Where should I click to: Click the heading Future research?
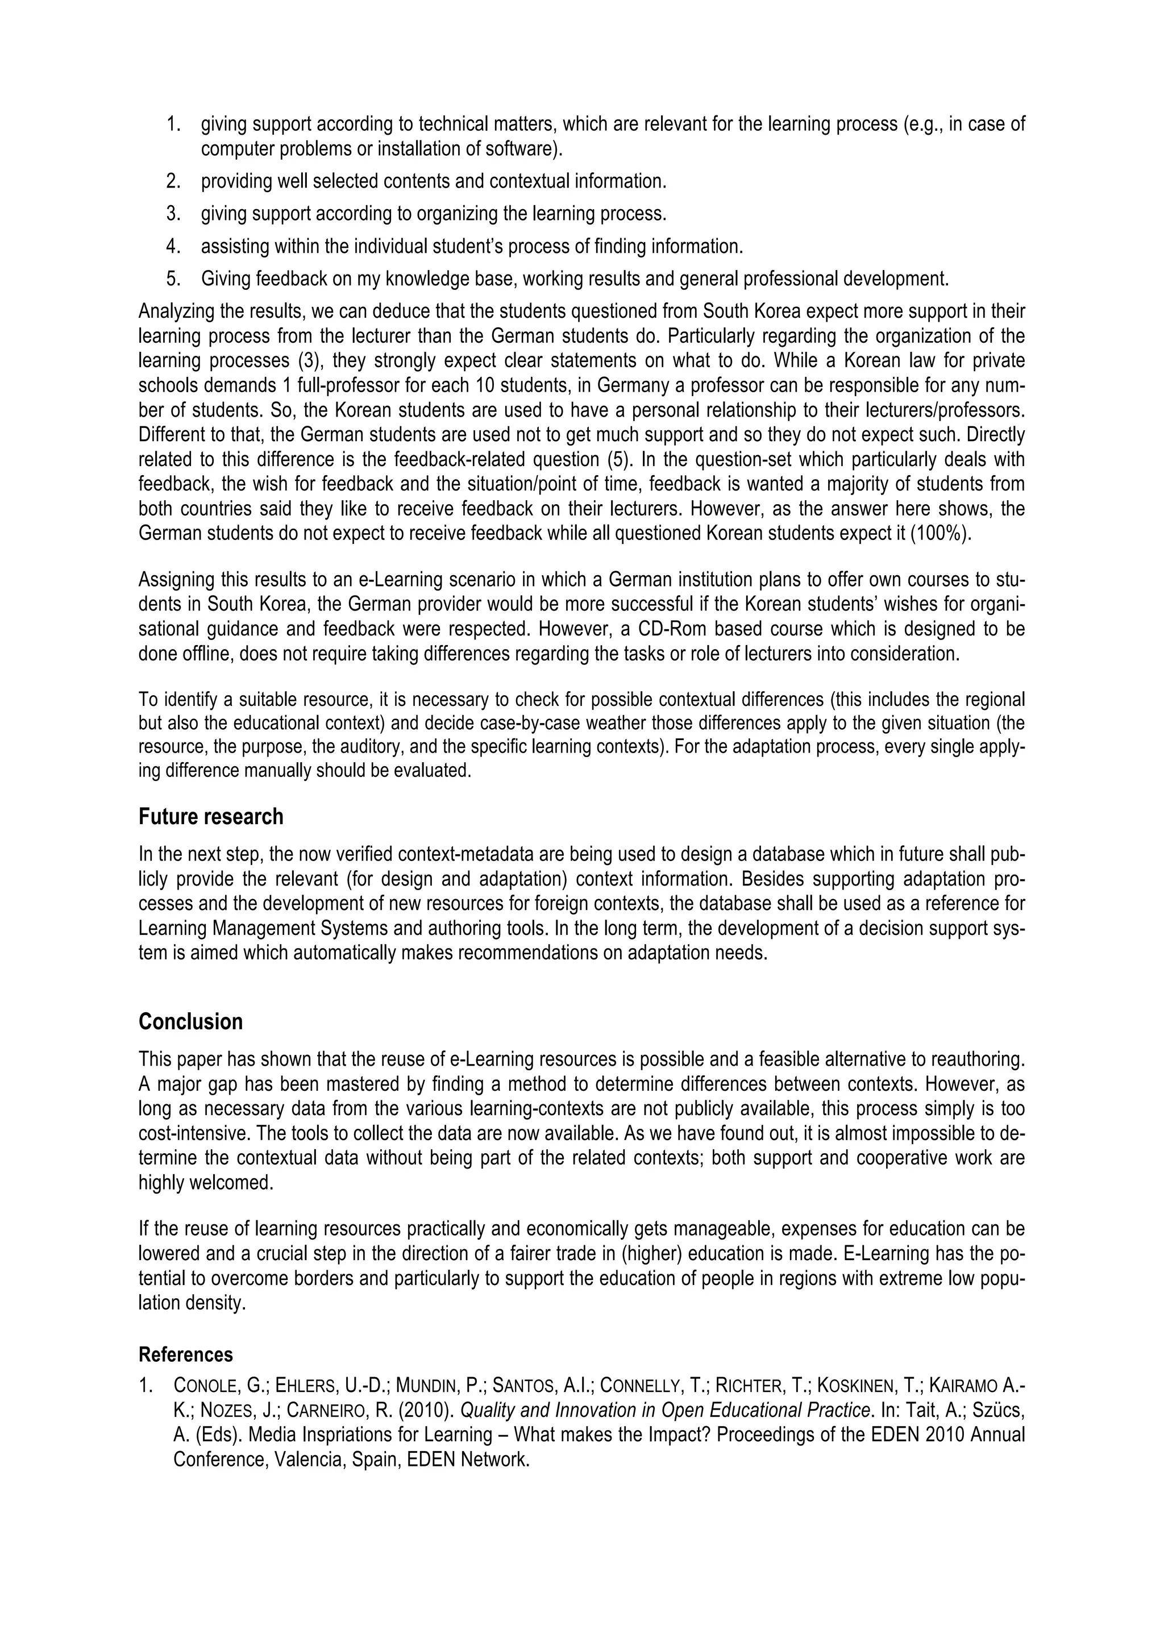[x=211, y=817]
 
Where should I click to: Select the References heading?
[x=186, y=1354]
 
